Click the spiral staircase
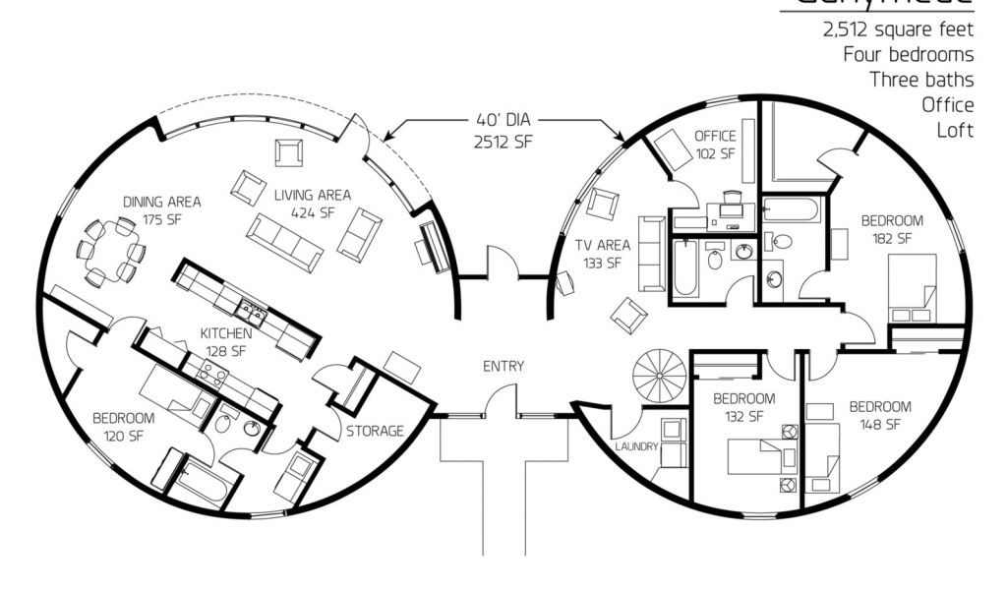click(x=660, y=377)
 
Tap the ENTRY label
click(x=503, y=367)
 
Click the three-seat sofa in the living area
click(x=284, y=243)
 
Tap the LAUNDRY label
click(x=636, y=447)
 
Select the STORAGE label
click(x=374, y=431)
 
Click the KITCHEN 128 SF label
click(x=228, y=341)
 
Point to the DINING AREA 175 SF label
click(x=161, y=209)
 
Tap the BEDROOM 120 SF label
click(x=124, y=426)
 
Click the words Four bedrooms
click(x=908, y=54)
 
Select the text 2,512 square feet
click(x=898, y=29)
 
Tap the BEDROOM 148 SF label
click(x=879, y=415)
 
